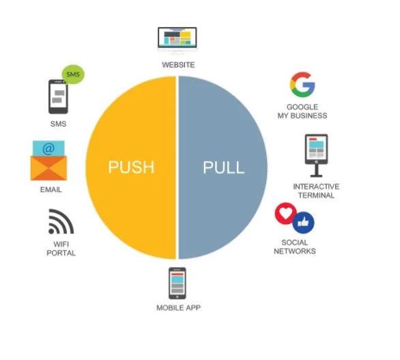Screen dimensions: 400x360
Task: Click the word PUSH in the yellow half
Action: click(131, 167)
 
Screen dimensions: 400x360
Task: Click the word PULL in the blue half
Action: click(224, 167)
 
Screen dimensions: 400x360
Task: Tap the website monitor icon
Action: click(177, 40)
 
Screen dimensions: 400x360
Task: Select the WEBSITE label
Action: click(178, 65)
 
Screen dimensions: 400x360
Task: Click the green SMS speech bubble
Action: click(73, 74)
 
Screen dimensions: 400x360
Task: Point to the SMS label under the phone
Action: click(59, 124)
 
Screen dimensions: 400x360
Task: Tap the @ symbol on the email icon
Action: click(48, 149)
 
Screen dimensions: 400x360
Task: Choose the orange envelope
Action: click(48, 168)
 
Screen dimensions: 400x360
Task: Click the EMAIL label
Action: click(51, 190)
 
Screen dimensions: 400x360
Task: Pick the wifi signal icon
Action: click(61, 221)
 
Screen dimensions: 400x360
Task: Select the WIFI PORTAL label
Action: click(61, 249)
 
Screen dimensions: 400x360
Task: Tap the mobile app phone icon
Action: click(177, 283)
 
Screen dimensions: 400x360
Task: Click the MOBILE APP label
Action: click(178, 307)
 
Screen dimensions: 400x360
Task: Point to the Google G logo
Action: click(302, 85)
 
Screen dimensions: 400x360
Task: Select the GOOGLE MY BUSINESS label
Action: click(302, 111)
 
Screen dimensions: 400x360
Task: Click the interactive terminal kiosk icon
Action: click(316, 156)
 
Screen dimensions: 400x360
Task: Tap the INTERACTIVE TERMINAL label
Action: click(316, 191)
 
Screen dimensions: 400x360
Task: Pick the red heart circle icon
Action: click(285, 213)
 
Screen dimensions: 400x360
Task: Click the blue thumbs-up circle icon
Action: click(303, 223)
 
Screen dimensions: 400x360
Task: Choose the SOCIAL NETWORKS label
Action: click(295, 247)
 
